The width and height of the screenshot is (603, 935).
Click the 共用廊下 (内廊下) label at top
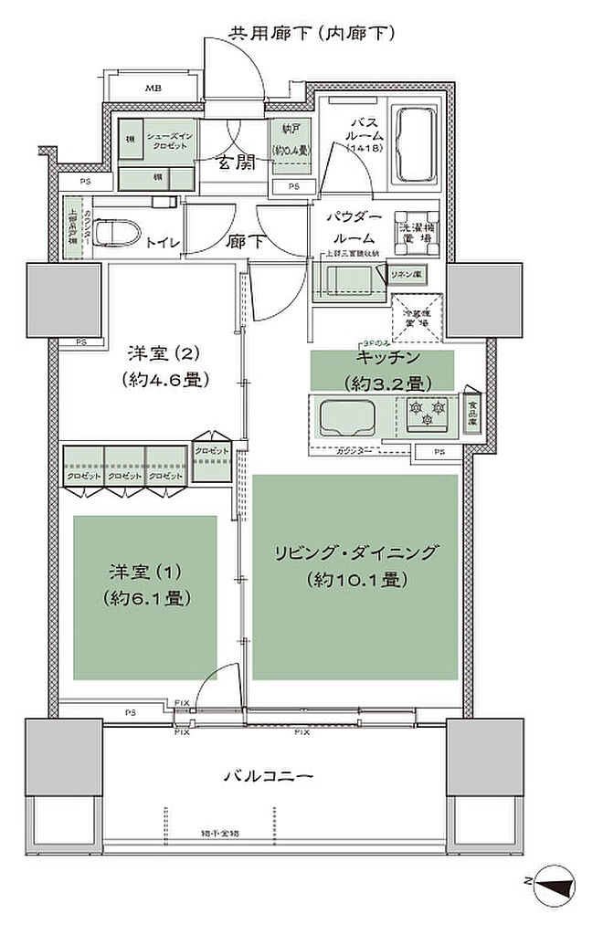(311, 34)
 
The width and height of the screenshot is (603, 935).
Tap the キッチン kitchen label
(382, 358)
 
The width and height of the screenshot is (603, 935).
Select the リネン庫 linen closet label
(407, 275)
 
